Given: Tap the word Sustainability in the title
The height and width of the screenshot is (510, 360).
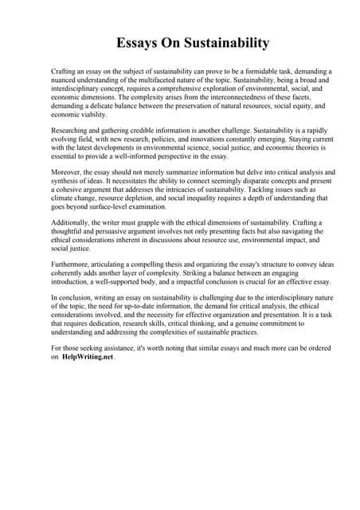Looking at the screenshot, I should click(x=221, y=42).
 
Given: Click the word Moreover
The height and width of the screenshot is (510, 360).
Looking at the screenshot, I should click(x=67, y=171).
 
